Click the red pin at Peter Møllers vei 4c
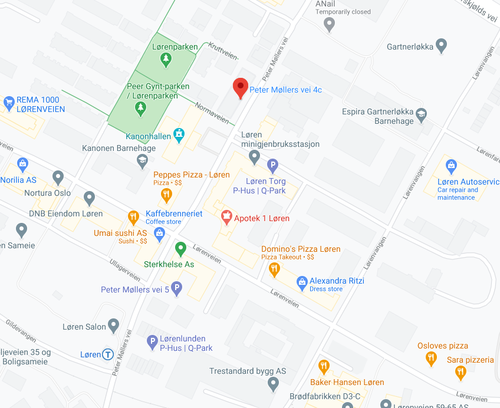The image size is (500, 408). (x=240, y=88)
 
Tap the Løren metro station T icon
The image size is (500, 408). (x=108, y=354)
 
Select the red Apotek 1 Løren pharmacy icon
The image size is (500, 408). (x=226, y=218)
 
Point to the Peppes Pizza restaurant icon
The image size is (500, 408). (x=166, y=193)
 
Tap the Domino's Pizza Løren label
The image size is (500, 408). (x=301, y=249)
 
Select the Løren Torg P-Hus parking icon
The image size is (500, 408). (x=272, y=166)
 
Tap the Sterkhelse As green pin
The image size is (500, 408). (x=180, y=248)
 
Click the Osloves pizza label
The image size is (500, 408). (x=442, y=346)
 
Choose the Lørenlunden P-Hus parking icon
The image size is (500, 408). (x=152, y=341)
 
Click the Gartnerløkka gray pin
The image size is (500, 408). (x=441, y=45)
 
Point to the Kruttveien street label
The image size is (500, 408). (x=223, y=51)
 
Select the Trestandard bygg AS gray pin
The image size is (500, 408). (x=273, y=384)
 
